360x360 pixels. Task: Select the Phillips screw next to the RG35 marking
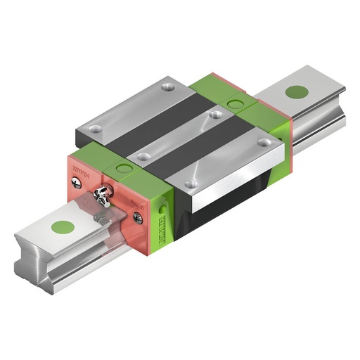point(138,219)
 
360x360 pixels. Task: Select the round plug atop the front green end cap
point(124,167)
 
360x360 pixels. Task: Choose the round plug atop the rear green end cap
point(233,105)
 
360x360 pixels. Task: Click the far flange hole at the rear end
point(167,86)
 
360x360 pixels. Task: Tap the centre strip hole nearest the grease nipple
point(143,156)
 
